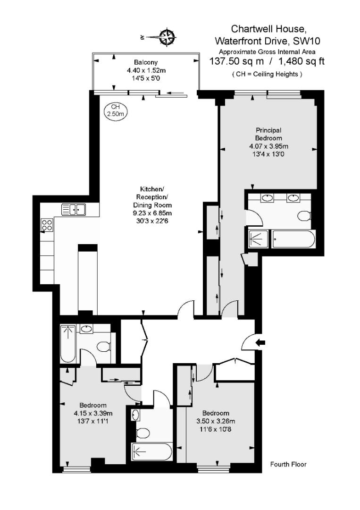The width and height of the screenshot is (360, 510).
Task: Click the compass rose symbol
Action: tap(167, 36)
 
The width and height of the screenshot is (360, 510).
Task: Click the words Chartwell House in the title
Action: tap(267, 29)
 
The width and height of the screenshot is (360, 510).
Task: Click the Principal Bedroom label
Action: tap(268, 134)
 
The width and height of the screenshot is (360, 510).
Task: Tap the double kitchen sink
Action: tap(73, 209)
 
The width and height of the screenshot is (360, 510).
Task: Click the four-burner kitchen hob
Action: tap(47, 225)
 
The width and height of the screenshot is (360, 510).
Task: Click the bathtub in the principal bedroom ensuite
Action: tap(293, 239)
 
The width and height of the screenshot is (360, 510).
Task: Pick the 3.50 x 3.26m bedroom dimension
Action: tap(215, 421)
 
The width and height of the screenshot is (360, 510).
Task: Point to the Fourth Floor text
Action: tap(288, 464)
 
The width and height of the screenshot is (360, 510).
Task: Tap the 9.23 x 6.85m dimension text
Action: tap(152, 213)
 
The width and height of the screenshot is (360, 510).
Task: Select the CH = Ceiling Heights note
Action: tap(267, 74)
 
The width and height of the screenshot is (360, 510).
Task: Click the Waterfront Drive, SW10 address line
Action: tap(268, 41)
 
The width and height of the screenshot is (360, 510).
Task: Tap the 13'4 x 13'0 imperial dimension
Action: tap(268, 153)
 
